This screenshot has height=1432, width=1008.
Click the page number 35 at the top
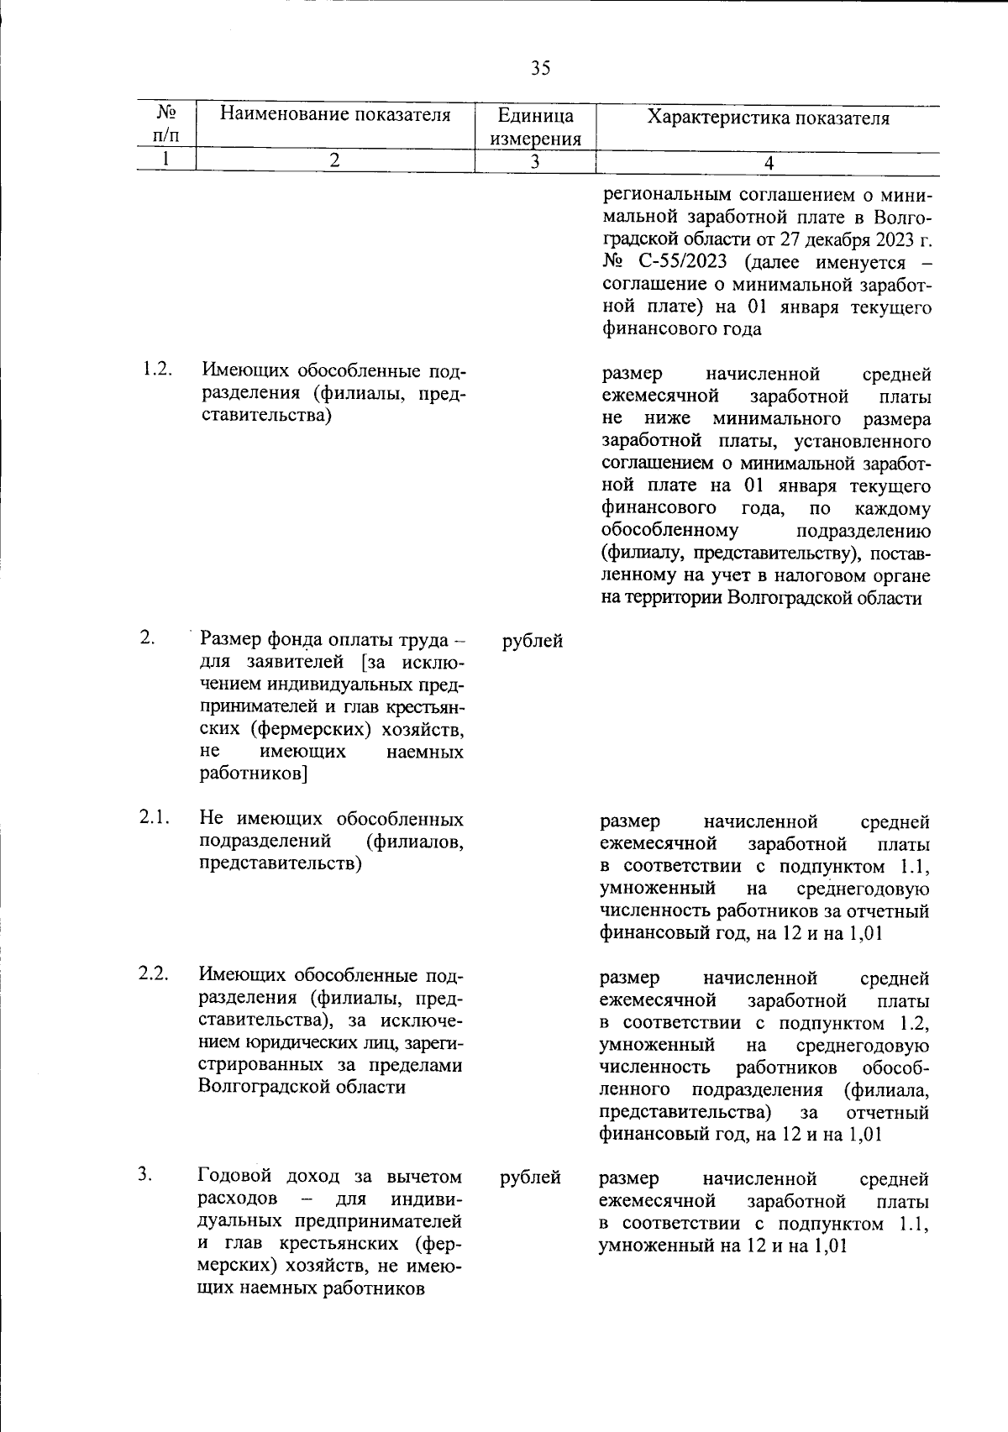540,68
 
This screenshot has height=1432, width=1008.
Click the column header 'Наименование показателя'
335,115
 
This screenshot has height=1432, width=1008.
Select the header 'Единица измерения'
535,127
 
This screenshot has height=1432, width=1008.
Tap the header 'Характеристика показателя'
768,118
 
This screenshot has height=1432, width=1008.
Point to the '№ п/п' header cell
166,123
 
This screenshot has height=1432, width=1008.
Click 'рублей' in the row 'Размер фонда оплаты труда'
533,642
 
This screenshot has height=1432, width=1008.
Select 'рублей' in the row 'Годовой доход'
530,1178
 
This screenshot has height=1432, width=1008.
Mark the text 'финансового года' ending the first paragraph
682,328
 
